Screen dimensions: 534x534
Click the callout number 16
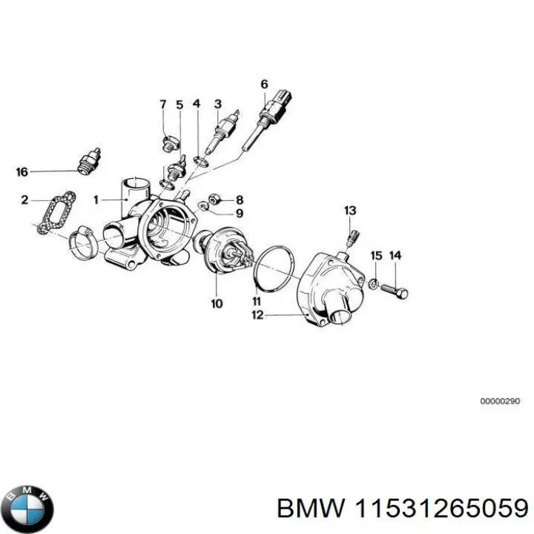[x=22, y=172]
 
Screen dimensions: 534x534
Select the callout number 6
[x=263, y=84]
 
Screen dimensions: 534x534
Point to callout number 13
[x=350, y=211]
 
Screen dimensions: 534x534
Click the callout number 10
[x=216, y=303]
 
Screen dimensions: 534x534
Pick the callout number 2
[x=24, y=200]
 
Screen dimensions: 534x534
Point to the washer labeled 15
[x=375, y=283]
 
